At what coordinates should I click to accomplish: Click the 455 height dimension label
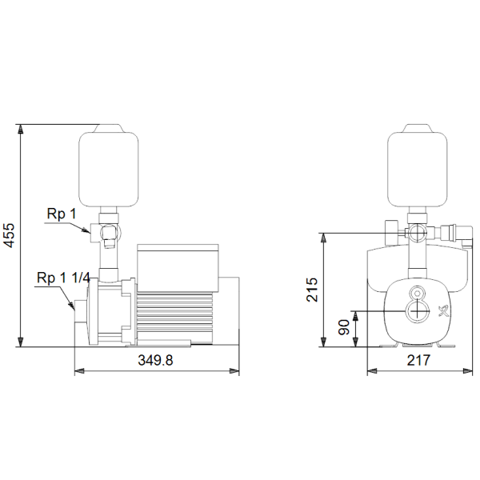point(10,235)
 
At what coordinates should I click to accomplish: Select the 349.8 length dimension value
point(155,360)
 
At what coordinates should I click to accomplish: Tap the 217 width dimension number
point(418,360)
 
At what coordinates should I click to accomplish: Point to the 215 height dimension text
point(312,290)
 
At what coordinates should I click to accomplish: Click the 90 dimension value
point(344,327)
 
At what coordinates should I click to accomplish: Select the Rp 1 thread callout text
point(62,214)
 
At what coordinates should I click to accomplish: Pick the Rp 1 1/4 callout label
point(63,278)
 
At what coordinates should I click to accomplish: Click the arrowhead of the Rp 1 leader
point(86,231)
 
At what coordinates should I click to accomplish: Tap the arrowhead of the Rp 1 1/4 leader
point(72,306)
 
